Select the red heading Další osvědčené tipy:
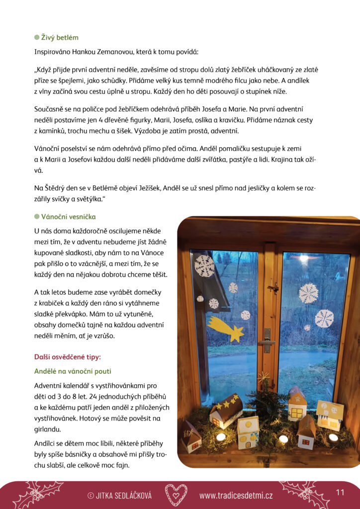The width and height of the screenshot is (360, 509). [x=67, y=356]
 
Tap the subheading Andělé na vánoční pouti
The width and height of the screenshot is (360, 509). [x=73, y=371]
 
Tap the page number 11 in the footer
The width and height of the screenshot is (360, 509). [x=340, y=492]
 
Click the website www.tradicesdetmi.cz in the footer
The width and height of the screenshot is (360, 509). [x=236, y=495]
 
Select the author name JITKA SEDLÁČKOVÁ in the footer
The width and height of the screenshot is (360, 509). [x=123, y=495]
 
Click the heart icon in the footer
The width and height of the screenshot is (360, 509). [x=176, y=494]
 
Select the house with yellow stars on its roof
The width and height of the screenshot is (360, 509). [x=226, y=410]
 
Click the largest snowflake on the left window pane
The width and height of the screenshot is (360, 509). [x=204, y=266]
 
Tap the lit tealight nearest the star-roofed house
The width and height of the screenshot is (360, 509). [x=221, y=436]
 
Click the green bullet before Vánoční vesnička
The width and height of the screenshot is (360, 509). [x=36, y=217]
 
